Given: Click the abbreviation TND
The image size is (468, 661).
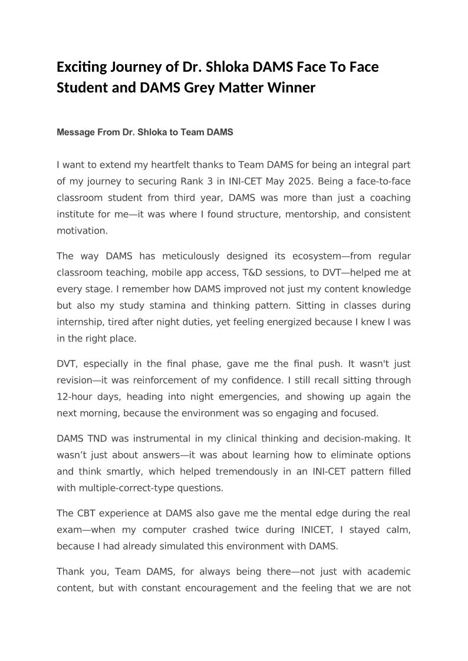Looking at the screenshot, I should tap(100, 439).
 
